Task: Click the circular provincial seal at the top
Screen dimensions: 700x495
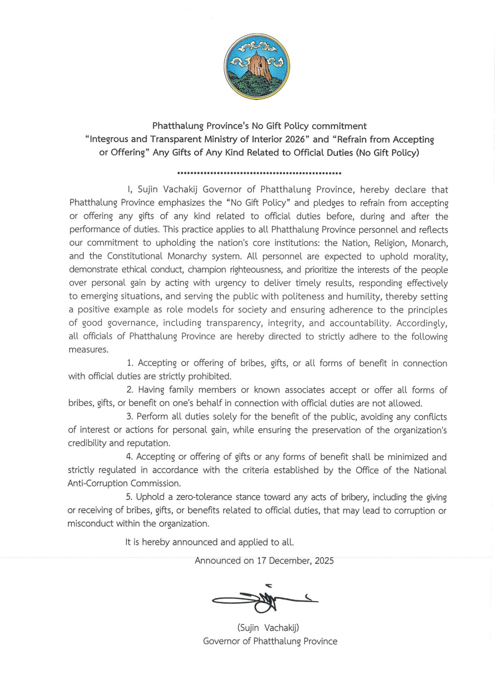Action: tap(257, 67)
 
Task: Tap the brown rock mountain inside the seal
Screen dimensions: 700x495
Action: tap(257, 67)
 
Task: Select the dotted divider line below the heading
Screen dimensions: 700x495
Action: tap(259, 173)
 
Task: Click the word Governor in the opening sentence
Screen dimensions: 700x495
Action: tap(222, 190)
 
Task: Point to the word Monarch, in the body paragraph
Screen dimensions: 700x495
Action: tap(429, 243)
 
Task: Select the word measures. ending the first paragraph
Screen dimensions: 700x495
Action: tap(88, 350)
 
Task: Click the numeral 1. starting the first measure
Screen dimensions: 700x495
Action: tap(130, 363)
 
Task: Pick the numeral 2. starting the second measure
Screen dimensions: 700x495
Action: tap(130, 390)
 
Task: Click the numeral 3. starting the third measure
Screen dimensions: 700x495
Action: tap(130, 417)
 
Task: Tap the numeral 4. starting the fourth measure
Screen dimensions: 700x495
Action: tap(129, 457)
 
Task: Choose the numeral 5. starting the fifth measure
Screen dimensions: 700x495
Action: tap(129, 497)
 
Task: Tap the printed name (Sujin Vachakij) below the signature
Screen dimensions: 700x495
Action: tap(268, 628)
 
